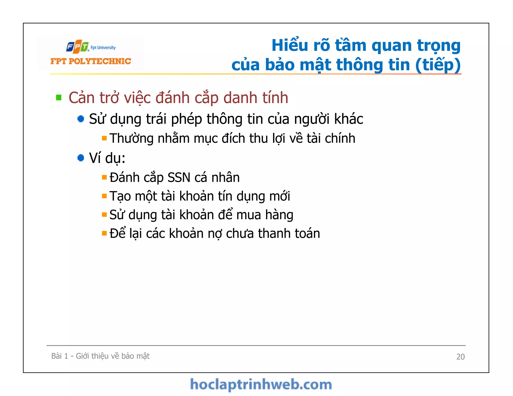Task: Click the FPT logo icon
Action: point(78,47)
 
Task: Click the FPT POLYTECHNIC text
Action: point(91,61)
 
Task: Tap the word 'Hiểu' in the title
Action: point(290,46)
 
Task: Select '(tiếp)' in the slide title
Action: point(438,65)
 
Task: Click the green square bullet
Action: point(59,97)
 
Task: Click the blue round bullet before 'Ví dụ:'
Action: point(81,158)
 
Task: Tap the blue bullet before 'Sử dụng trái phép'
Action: point(81,119)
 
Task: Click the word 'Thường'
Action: point(131,138)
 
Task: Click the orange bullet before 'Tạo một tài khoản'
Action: point(104,196)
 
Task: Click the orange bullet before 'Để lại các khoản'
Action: point(104,234)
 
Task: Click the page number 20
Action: point(460,357)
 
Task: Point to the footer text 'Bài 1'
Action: point(60,356)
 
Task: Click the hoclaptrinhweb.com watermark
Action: point(261,385)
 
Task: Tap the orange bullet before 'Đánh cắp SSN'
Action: point(104,177)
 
